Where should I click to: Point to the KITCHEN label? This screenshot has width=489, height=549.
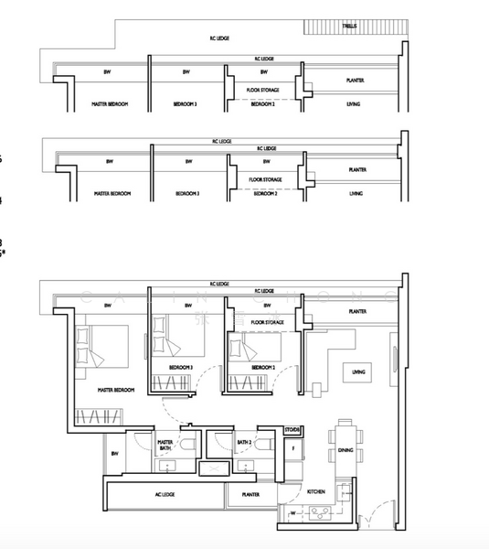316,492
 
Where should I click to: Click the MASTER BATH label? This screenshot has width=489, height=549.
165,445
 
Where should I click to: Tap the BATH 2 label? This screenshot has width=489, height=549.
243,442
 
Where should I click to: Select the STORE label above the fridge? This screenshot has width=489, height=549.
292,429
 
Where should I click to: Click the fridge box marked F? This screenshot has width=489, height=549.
292,448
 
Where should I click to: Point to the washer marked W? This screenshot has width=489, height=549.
292,513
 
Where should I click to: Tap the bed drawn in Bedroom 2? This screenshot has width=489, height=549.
250,349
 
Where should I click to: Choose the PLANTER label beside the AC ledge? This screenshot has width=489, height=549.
250,495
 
